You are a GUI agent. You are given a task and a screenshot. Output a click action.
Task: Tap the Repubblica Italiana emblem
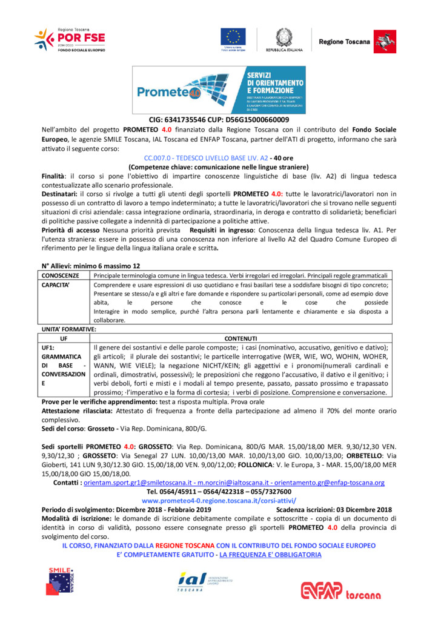click(x=282, y=37)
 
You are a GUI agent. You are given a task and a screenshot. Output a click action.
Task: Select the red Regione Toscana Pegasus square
click(x=381, y=40)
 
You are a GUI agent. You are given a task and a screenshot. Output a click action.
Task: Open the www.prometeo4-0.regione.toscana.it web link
click(x=219, y=501)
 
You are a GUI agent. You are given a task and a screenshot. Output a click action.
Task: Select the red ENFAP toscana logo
click(x=342, y=590)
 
